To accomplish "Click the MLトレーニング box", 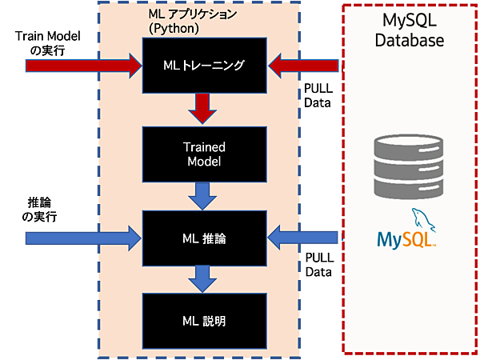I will (205, 65).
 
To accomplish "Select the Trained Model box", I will (205, 154).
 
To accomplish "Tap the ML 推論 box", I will (205, 237).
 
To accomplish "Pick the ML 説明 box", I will (205, 320).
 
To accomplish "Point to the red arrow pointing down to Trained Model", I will (205, 108).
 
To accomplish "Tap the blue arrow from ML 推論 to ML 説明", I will (205, 278).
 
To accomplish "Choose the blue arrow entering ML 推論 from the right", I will (304, 237).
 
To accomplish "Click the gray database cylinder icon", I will (409, 167).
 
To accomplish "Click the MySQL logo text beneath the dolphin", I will (406, 238).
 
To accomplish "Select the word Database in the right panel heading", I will (410, 41).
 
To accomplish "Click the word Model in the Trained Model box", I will (205, 162).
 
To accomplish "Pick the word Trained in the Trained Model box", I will (205, 147).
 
